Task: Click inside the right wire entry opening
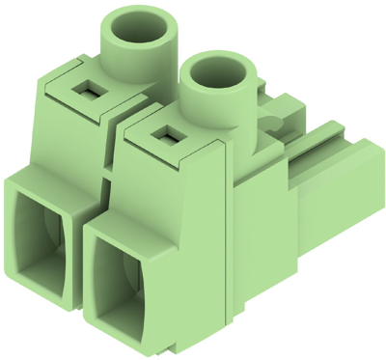click(123, 281)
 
